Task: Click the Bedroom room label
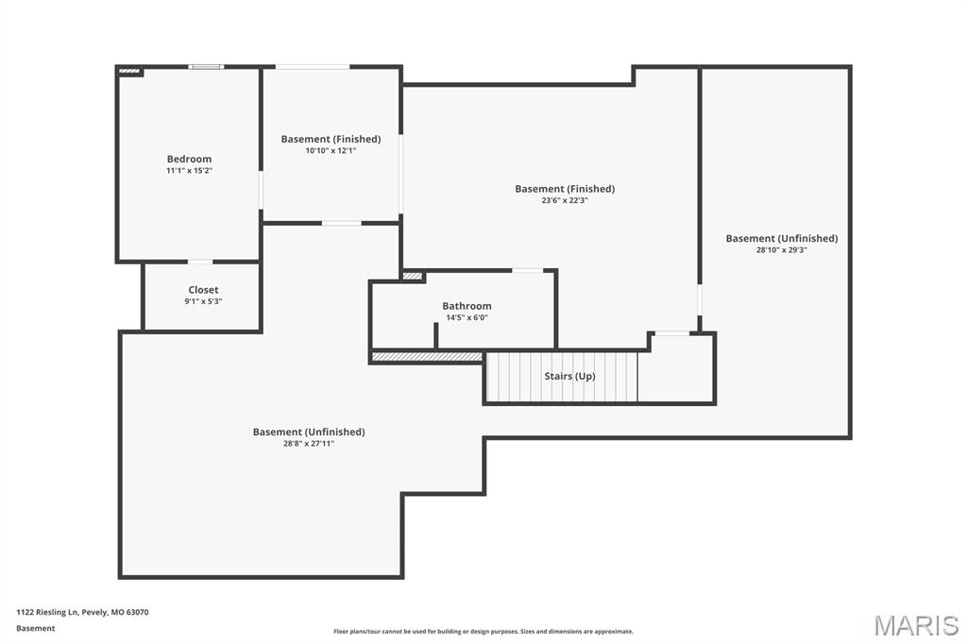tap(189, 159)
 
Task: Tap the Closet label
tap(203, 290)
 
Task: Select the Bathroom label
tap(467, 306)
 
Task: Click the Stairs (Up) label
tap(569, 376)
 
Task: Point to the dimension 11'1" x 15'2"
tap(189, 171)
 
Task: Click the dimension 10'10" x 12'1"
tap(331, 151)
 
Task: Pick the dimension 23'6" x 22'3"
tap(565, 200)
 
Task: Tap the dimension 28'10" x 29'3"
tap(781, 250)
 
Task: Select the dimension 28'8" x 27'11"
tap(308, 443)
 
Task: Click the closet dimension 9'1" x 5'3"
tap(203, 301)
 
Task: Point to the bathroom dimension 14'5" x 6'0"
tap(467, 317)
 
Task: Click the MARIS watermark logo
tap(916, 625)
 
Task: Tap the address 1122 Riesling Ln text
tap(82, 612)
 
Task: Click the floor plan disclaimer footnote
tap(483, 631)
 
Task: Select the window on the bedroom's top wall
tap(206, 67)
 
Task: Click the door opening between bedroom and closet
tap(200, 262)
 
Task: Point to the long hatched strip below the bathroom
tap(427, 357)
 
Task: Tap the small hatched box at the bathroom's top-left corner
tap(413, 276)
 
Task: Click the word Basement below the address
tap(35, 628)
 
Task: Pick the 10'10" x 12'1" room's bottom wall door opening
tap(341, 223)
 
